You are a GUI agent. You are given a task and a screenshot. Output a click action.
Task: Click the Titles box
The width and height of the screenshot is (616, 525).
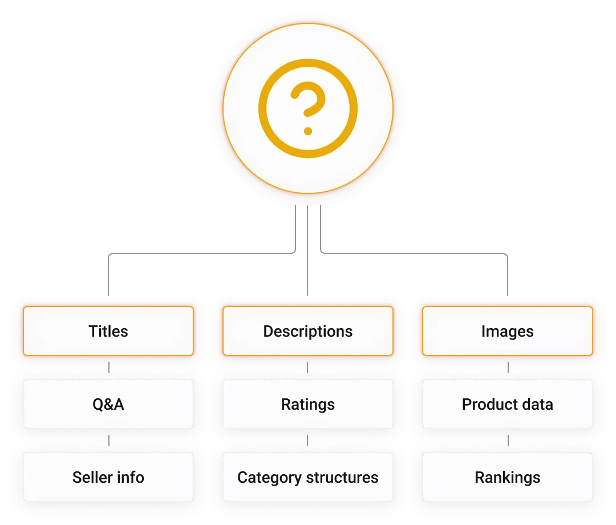108,331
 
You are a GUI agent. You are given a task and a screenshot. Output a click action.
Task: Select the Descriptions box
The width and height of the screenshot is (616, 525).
308,331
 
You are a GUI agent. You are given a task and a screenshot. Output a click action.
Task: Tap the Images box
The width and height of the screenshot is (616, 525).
507,331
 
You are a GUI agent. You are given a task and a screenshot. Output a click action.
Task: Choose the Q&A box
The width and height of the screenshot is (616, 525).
108,405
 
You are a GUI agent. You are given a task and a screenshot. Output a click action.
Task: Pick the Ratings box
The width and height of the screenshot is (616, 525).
308,405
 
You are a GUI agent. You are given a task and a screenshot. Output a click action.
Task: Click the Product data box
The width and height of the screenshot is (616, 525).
507,405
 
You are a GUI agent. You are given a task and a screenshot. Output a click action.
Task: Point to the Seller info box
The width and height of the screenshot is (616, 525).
108,477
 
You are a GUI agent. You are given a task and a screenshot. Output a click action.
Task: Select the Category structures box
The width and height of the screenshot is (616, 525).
308,477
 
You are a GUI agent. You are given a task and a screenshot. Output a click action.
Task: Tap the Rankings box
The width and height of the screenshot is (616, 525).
507,477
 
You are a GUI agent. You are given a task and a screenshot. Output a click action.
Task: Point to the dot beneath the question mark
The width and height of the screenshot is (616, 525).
308,131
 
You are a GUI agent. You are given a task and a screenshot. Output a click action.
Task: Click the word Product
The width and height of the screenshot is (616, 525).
489,405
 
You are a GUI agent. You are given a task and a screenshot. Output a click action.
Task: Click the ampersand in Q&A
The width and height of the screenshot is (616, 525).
108,405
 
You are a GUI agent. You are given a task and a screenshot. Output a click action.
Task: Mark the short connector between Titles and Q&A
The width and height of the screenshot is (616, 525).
108,367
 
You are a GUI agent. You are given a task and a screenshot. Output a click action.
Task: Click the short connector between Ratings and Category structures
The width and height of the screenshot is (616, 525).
308,441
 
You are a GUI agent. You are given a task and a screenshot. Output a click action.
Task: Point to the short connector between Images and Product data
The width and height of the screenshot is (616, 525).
507,367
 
